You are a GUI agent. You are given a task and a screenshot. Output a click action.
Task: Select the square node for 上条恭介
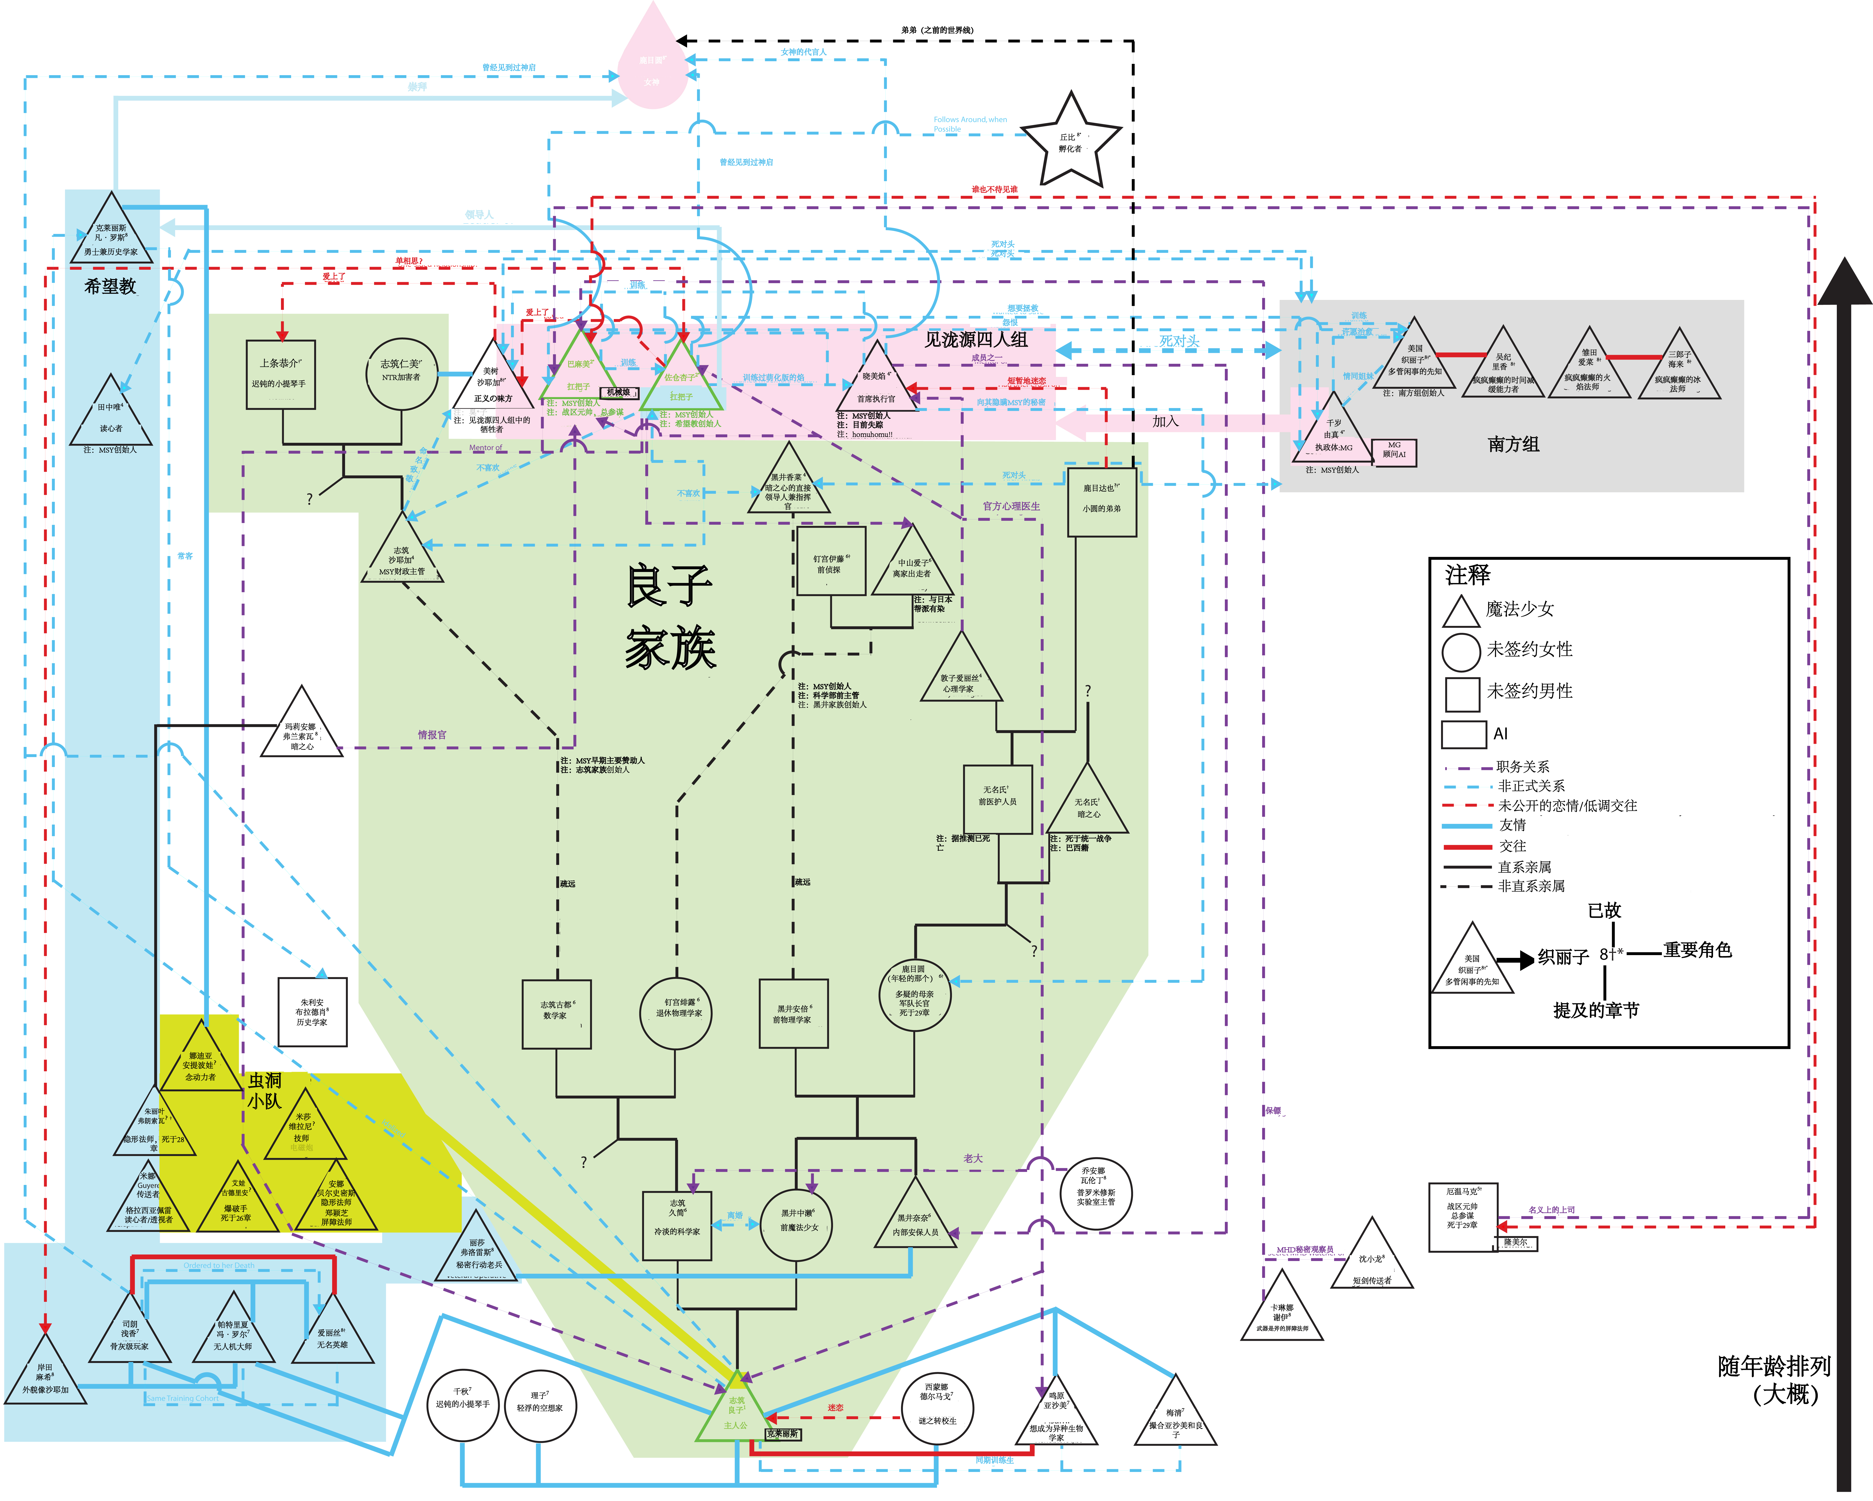(281, 373)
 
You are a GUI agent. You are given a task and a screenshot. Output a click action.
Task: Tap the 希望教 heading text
(110, 286)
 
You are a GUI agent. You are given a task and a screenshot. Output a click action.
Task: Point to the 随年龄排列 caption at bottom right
(1774, 1379)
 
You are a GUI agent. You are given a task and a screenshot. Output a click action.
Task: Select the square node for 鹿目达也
(1102, 502)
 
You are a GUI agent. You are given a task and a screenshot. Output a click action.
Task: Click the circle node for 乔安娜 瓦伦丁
(1096, 1193)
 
